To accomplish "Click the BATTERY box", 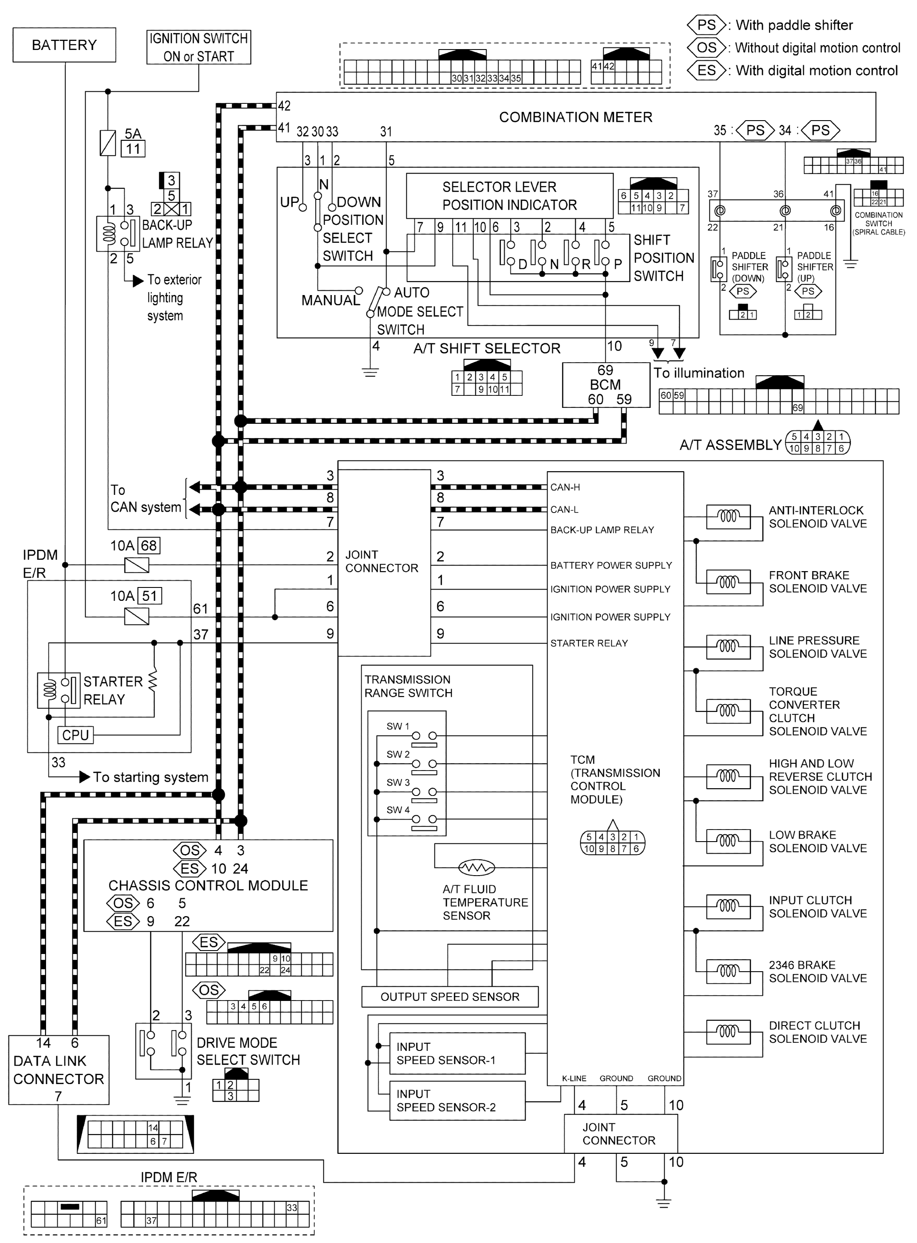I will point(65,45).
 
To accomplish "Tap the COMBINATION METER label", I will point(575,117).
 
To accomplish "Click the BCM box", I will point(606,385).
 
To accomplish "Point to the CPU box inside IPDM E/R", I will point(75,735).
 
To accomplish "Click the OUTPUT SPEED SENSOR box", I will point(449,997).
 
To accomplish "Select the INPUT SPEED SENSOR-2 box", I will point(457,1100).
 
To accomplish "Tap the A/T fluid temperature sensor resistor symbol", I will point(476,867).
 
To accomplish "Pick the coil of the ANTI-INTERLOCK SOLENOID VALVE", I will point(728,517).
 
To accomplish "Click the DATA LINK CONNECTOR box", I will point(58,1070).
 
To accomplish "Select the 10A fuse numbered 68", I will point(136,565).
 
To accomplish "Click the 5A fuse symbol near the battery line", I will point(108,143).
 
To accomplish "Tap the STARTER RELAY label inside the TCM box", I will point(589,643).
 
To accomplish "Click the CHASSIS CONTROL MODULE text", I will point(208,886).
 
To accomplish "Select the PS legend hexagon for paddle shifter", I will point(706,25).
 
